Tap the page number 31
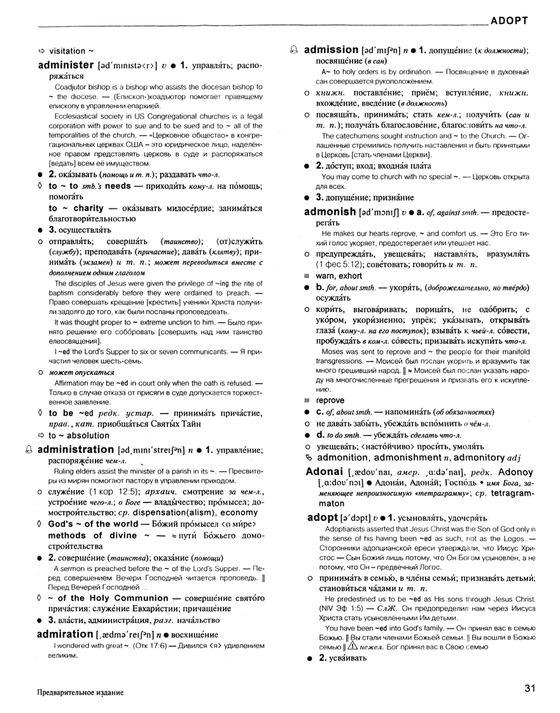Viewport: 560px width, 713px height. tap(532, 688)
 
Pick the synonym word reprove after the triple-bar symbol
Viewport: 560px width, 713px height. tap(331, 401)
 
